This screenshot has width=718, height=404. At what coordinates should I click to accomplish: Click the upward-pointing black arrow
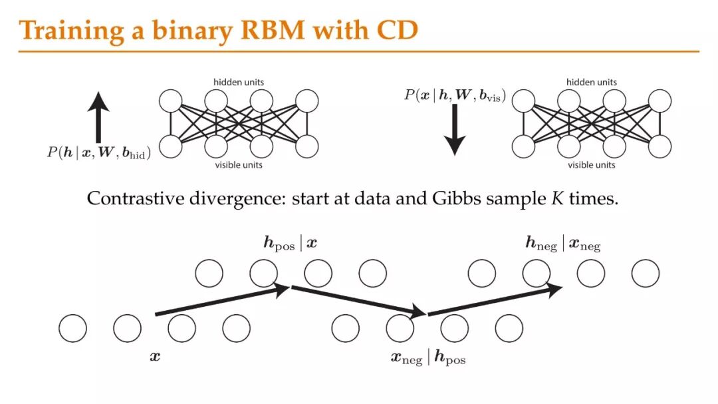pyautogui.click(x=98, y=118)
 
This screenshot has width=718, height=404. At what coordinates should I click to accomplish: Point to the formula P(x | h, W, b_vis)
pyautogui.click(x=455, y=96)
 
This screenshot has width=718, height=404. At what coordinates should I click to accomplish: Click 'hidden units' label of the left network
pyautogui.click(x=238, y=82)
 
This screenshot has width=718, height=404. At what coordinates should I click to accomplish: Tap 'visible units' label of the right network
pyautogui.click(x=591, y=164)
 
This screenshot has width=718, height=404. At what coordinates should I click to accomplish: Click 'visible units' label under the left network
pyautogui.click(x=238, y=164)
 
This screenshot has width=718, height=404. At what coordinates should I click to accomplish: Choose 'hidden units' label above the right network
pyautogui.click(x=591, y=82)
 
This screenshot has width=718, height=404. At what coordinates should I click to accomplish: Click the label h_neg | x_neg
pyautogui.click(x=562, y=245)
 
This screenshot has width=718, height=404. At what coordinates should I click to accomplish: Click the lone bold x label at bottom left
pyautogui.click(x=155, y=357)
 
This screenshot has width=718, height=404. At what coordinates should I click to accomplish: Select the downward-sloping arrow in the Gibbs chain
pyautogui.click(x=358, y=300)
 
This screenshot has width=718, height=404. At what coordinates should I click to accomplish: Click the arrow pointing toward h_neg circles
pyautogui.click(x=496, y=300)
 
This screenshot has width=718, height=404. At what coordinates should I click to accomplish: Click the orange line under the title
pyautogui.click(x=359, y=51)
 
